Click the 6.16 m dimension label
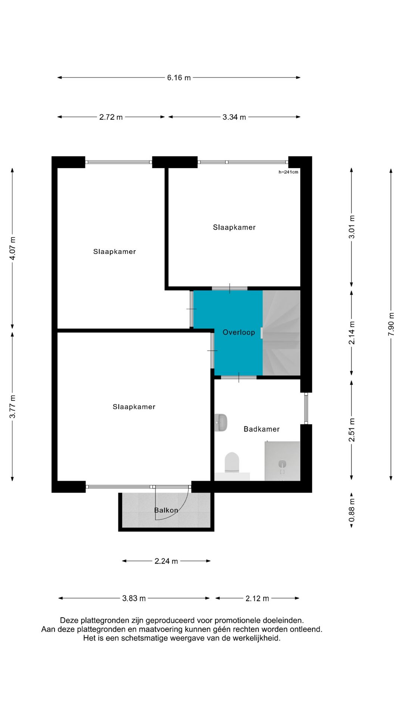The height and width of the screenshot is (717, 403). click(179, 78)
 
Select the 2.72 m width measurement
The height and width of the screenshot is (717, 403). click(111, 117)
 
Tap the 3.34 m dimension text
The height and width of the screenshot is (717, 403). click(234, 117)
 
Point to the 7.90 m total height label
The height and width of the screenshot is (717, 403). click(391, 324)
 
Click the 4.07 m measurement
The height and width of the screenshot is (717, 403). click(13, 248)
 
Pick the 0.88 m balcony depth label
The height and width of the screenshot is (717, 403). click(352, 510)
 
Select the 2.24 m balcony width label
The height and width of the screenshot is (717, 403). click(166, 561)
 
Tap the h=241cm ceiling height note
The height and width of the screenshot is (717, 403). click(288, 172)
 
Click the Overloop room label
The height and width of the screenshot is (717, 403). click(239, 332)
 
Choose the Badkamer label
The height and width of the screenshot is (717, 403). click(262, 429)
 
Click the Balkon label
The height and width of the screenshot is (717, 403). click(166, 510)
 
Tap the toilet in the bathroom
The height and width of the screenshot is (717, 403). click(232, 462)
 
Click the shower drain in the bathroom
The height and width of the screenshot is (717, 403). click(282, 464)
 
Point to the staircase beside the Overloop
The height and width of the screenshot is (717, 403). click(281, 333)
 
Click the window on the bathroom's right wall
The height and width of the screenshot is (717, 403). click(306, 408)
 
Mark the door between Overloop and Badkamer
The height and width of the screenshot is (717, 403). click(239, 378)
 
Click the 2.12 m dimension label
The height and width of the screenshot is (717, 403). click(257, 598)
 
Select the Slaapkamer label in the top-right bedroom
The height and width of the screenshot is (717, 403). click(234, 227)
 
